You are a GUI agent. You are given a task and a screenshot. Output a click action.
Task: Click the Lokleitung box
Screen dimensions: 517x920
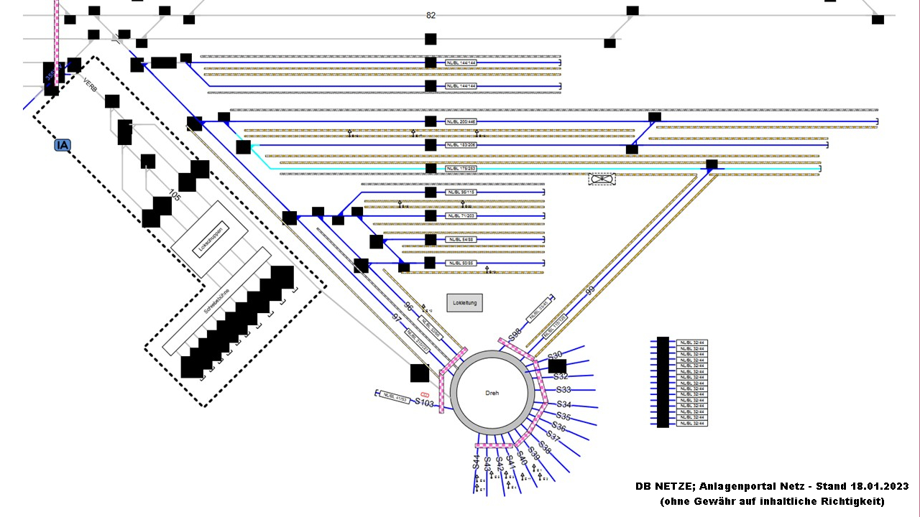tap(465, 303)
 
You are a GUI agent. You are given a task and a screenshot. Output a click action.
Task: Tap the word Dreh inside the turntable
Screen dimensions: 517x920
tap(492, 393)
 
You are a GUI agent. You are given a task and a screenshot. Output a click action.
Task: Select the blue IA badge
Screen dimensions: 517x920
tap(63, 145)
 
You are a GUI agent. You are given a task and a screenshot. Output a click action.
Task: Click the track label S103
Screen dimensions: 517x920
tap(425, 403)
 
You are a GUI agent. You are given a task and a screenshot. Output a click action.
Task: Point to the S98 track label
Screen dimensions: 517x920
tap(514, 335)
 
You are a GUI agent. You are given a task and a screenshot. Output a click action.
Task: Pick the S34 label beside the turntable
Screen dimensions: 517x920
tap(564, 405)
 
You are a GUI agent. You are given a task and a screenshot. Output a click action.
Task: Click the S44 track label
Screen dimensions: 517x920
tap(476, 462)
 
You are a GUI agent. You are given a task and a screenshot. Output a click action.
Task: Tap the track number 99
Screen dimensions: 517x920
tap(590, 290)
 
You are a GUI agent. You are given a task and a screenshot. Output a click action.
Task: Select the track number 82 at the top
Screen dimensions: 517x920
tap(431, 15)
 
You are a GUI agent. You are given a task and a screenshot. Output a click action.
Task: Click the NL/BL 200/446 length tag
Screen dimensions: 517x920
tap(461, 121)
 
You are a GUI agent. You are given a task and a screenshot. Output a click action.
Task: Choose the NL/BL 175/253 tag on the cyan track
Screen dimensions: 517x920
tap(461, 169)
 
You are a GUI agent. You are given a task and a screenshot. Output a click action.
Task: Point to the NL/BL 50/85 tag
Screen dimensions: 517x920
tap(460, 264)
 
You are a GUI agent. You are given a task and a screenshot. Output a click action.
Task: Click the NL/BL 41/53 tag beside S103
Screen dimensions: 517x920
tap(395, 397)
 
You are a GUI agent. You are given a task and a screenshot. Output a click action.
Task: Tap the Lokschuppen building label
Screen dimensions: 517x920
tap(209, 238)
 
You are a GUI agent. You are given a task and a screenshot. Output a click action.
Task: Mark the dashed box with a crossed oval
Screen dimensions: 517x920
tap(602, 178)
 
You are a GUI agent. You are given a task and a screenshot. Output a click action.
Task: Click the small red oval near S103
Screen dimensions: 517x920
tap(425, 394)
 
